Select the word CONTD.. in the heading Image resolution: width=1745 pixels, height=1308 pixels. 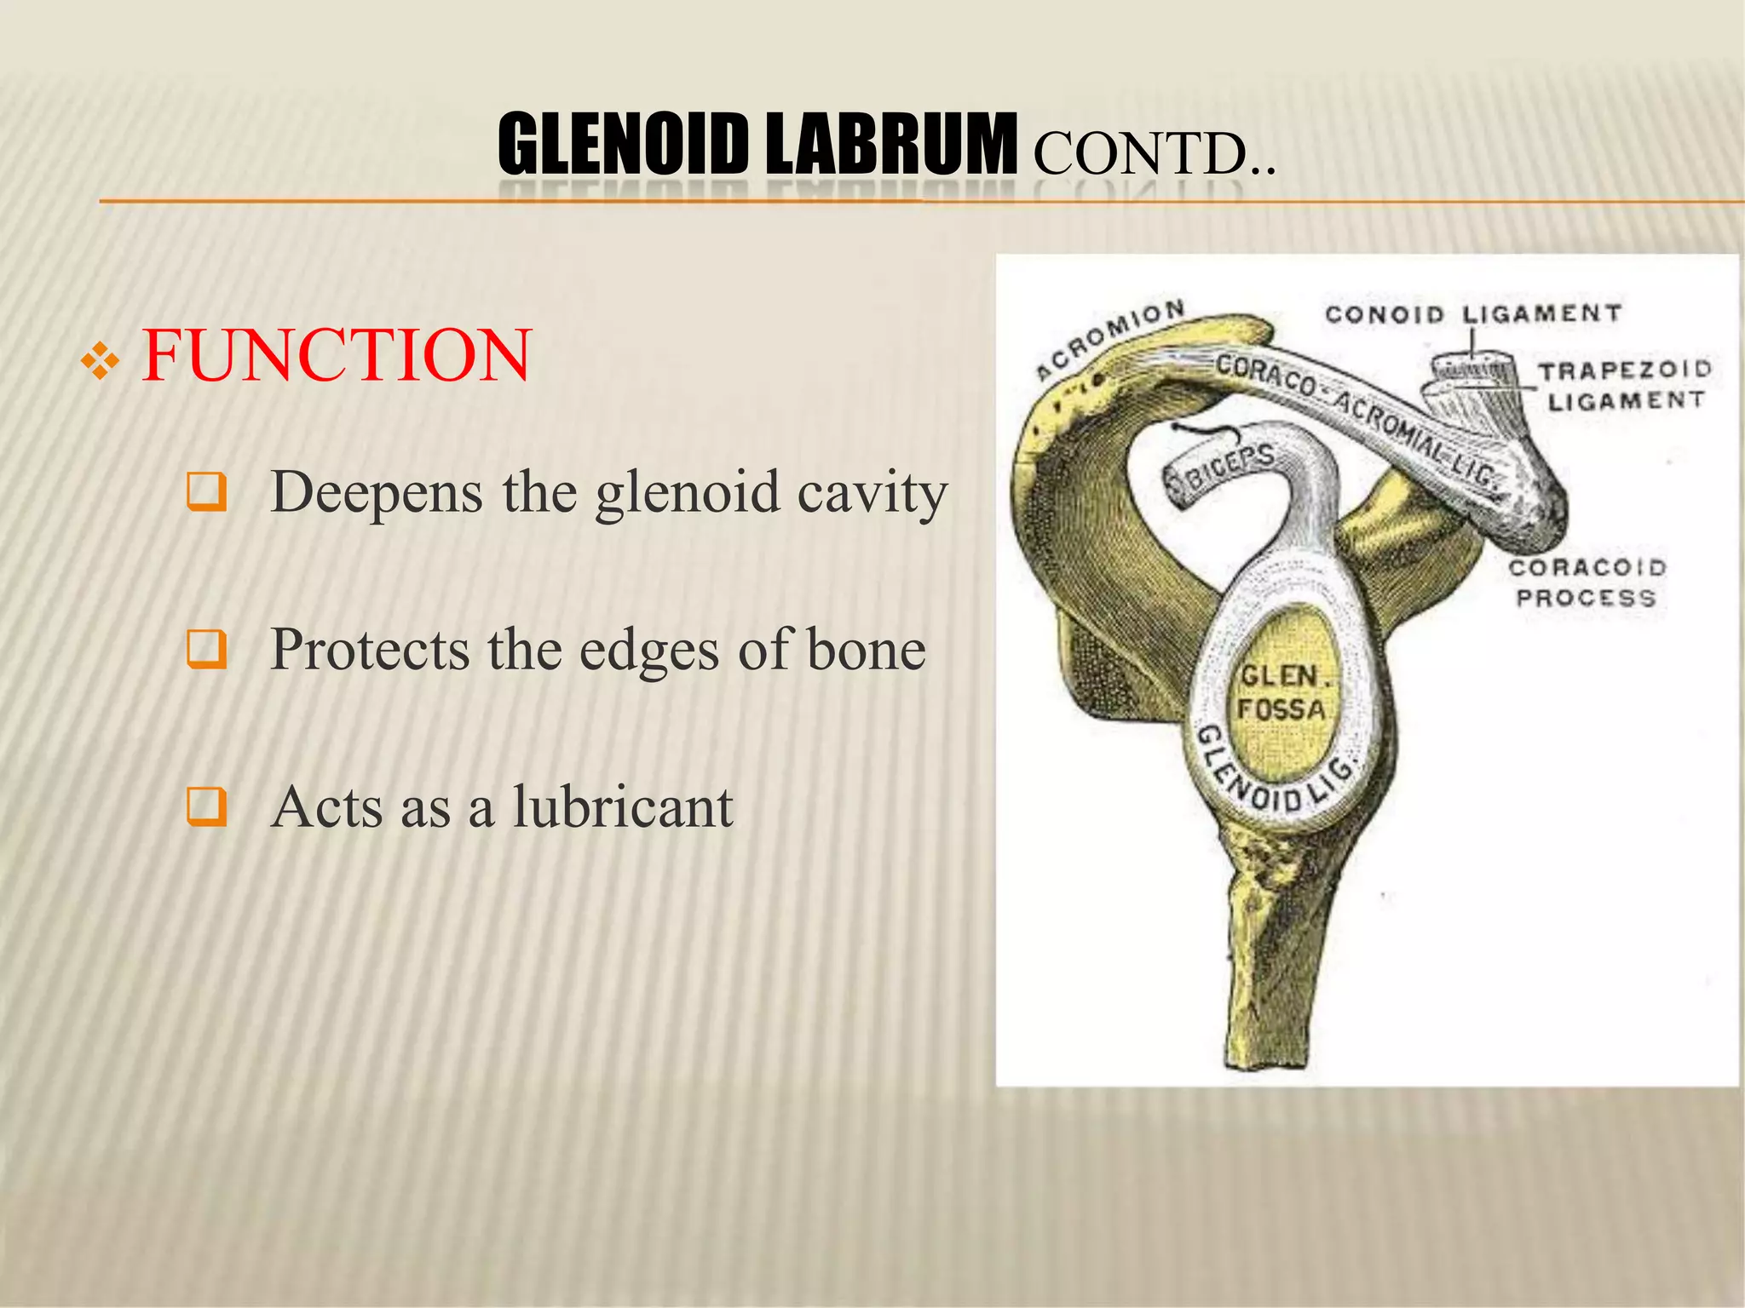(x=1155, y=154)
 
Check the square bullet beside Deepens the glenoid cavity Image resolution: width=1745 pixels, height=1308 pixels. (x=206, y=492)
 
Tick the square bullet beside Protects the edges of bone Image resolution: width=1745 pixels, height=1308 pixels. (x=206, y=650)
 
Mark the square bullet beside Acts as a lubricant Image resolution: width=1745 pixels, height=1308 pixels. (x=206, y=806)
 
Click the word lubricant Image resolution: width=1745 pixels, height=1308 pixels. (x=622, y=806)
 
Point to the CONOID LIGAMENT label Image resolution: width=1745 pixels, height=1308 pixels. (x=1472, y=314)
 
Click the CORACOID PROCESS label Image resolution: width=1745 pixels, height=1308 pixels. (x=1587, y=582)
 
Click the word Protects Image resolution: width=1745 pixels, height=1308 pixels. (x=369, y=650)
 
